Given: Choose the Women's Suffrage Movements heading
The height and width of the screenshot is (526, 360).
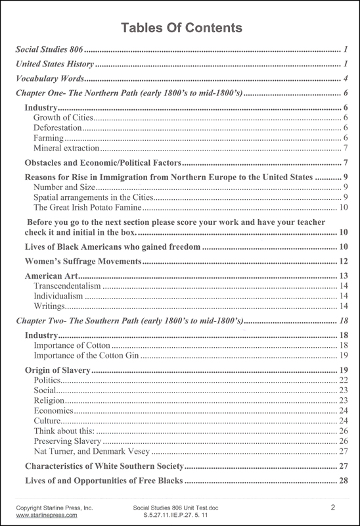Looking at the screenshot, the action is coord(83,262).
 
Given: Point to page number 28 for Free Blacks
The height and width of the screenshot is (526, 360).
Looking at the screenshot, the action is coord(343,481).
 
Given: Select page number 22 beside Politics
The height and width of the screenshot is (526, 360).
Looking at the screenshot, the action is coord(343,381).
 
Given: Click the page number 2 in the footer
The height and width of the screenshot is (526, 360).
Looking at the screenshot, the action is coord(333,508).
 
